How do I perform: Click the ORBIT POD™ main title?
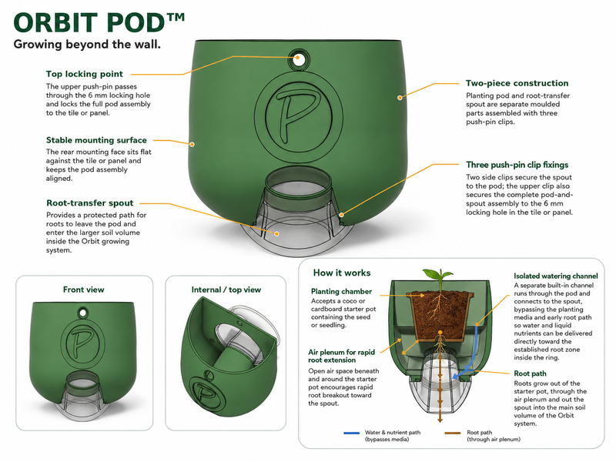click(99, 22)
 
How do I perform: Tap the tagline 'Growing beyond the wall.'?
click(87, 44)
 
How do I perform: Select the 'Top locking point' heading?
click(85, 74)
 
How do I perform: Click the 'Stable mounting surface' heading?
click(96, 140)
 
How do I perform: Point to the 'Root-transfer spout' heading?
click(90, 203)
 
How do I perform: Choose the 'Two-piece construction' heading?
click(517, 83)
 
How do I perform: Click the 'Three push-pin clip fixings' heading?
click(517, 165)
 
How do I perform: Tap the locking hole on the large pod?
click(298, 59)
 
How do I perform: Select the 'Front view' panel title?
click(84, 290)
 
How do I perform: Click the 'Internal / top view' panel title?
click(226, 290)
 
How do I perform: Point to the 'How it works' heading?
click(342, 273)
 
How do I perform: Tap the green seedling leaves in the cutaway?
click(438, 274)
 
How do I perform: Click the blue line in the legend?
click(352, 433)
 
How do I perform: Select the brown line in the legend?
click(453, 433)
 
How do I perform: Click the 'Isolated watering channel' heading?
click(556, 276)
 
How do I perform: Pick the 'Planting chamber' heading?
click(341, 292)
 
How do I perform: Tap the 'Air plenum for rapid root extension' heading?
click(341, 356)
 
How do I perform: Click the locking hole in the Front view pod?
click(83, 313)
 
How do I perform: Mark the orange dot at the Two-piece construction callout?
click(400, 98)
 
